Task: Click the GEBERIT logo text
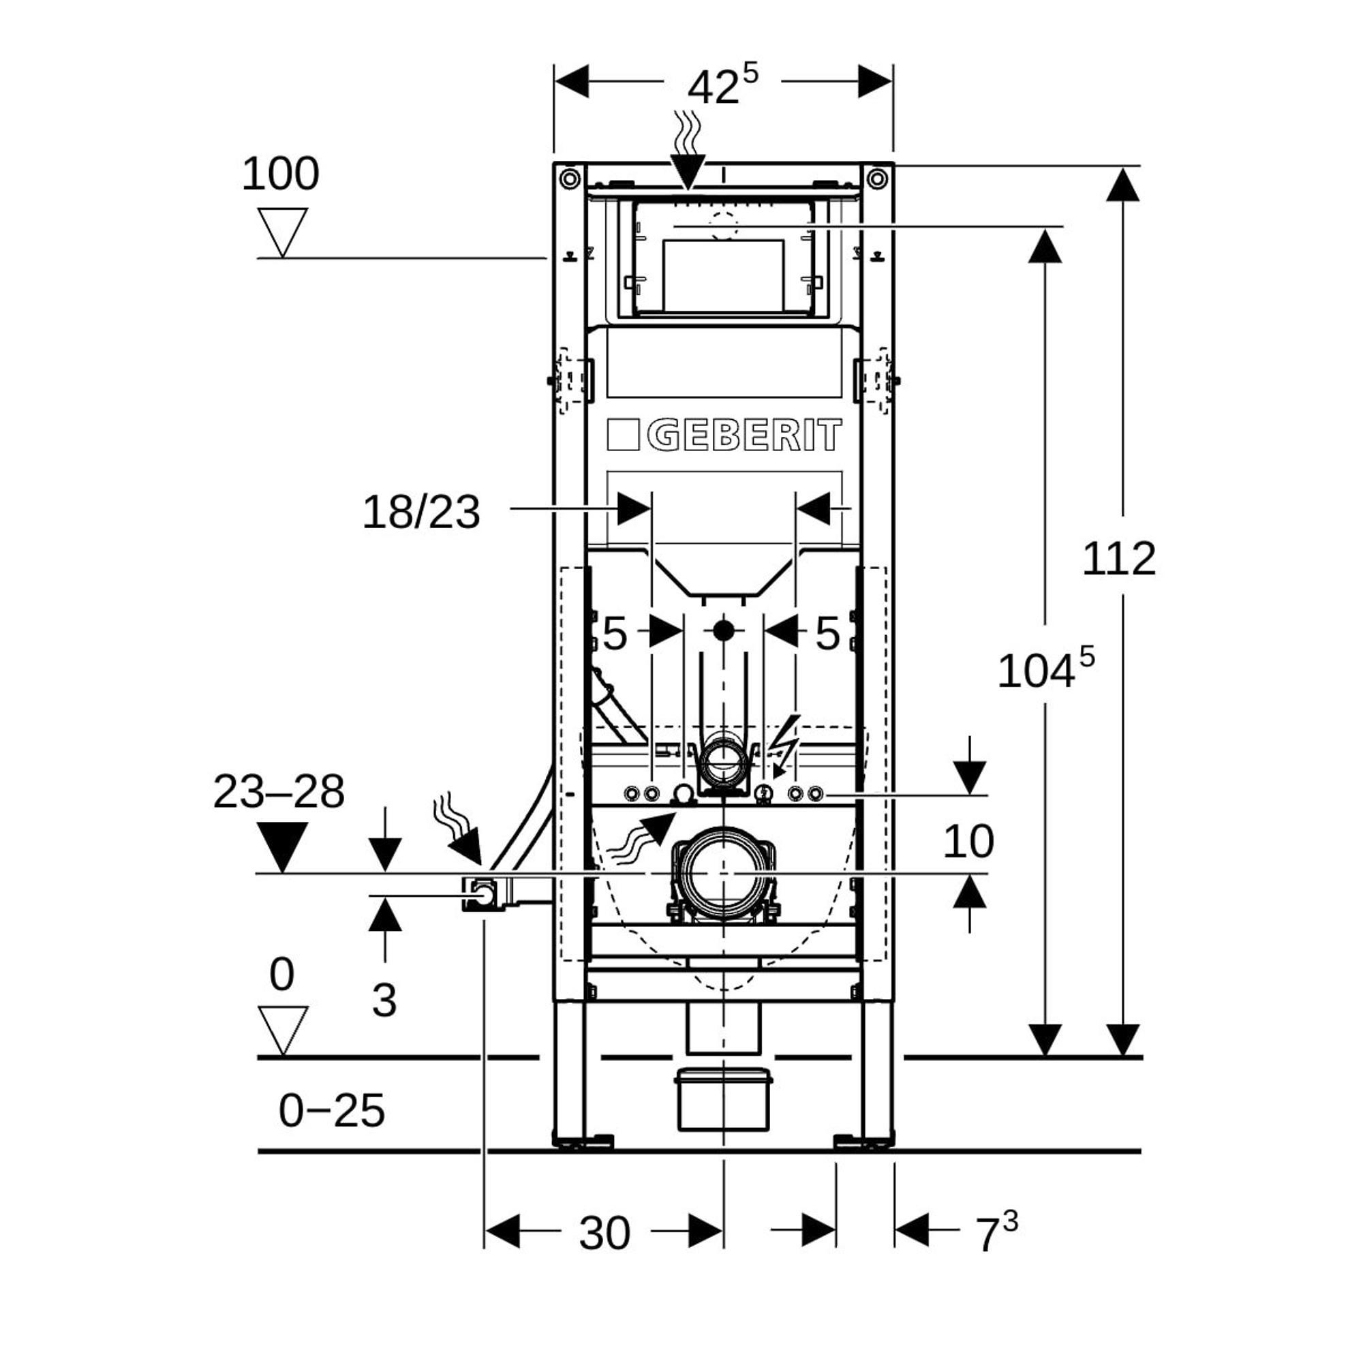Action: tap(744, 435)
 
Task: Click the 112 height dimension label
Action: tap(1119, 560)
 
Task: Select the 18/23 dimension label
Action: tap(421, 512)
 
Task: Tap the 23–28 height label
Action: tap(279, 791)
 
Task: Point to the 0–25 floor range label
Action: tap(332, 1110)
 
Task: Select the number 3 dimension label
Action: tap(384, 1000)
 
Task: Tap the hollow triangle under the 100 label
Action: tap(282, 229)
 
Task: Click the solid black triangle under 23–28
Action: tap(282, 844)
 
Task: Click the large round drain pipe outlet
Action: tap(723, 874)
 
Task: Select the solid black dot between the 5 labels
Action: tap(723, 630)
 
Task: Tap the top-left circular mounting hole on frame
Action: tap(569, 178)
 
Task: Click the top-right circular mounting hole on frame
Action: tap(877, 178)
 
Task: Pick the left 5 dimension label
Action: tap(615, 634)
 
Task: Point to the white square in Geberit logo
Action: tap(623, 435)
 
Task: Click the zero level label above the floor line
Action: tap(281, 976)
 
